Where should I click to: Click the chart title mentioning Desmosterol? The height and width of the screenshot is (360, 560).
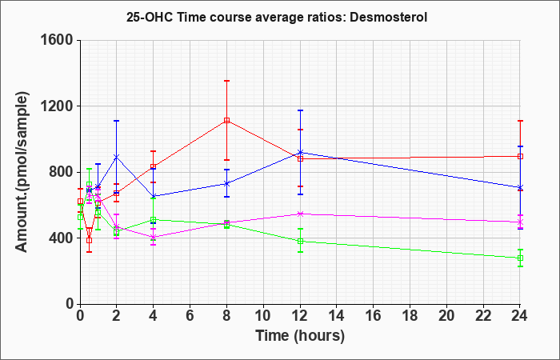click(x=277, y=17)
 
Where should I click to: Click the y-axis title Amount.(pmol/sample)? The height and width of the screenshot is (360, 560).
click(x=22, y=172)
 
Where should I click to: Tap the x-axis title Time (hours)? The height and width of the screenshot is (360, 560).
click(x=300, y=336)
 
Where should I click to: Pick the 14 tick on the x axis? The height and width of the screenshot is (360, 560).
click(x=337, y=316)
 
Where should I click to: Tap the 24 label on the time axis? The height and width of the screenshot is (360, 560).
click(x=520, y=316)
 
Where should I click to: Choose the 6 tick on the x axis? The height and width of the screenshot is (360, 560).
click(x=190, y=316)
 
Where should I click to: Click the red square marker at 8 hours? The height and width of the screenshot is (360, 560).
click(x=226, y=120)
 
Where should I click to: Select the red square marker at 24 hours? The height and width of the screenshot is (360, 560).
click(x=520, y=156)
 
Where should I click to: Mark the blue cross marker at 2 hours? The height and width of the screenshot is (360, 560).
click(x=117, y=157)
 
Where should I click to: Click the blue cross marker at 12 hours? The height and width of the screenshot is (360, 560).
click(x=300, y=153)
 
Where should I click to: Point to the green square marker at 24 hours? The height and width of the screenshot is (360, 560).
click(x=520, y=258)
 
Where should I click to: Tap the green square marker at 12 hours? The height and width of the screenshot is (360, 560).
click(x=300, y=241)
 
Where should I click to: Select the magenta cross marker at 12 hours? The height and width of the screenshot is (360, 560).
click(x=300, y=214)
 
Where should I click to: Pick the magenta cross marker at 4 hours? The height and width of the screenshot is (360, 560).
click(x=154, y=237)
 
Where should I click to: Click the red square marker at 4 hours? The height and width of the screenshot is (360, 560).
click(x=154, y=166)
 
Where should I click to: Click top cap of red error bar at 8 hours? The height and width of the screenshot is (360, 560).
click(x=226, y=81)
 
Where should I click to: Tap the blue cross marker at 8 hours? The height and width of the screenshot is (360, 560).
click(x=226, y=183)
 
